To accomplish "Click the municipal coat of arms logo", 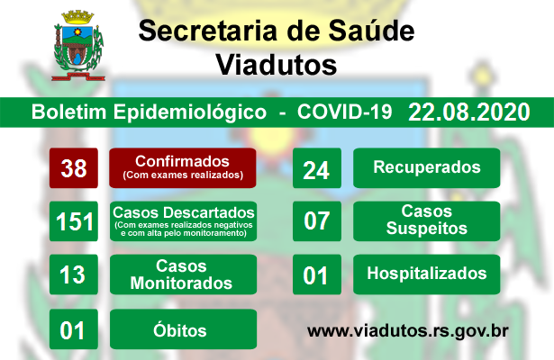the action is (77, 46).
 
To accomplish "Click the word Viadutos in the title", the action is (277, 65).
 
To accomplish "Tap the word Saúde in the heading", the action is (371, 31).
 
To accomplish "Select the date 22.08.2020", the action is (468, 112).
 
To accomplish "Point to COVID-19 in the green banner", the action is (344, 112).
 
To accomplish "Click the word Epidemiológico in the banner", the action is (190, 112).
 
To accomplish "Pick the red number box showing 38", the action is (74, 168).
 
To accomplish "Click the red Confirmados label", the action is (183, 168).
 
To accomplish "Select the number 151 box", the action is (74, 221).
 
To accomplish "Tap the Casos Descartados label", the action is (184, 221).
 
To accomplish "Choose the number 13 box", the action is (74, 274).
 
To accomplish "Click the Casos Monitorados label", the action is (184, 274).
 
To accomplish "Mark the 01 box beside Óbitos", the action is (74, 329).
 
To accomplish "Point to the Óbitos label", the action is (184, 329).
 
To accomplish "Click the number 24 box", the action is (317, 168).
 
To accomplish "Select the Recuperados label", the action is (427, 168).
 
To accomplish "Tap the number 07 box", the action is (317, 221).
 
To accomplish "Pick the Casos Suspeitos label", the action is (427, 221).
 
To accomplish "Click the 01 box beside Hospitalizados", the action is (317, 274).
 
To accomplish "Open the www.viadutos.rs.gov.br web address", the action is (408, 331).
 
